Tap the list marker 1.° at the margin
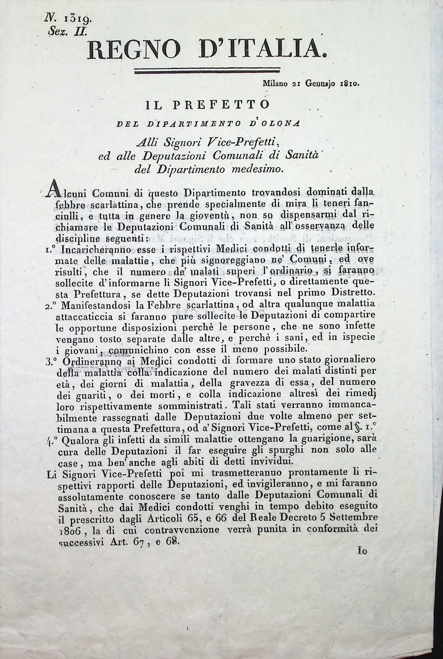50,249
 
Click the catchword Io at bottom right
362,550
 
